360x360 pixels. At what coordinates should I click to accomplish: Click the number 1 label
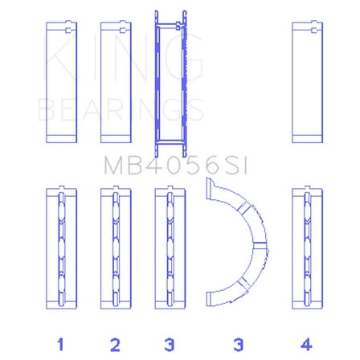click(59, 344)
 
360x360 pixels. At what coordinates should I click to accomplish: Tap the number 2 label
click(115, 344)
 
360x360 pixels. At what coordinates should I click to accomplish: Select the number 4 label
click(305, 344)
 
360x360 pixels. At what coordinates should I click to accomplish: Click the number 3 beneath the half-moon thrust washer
click(238, 344)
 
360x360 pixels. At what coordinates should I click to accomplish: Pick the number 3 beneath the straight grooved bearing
click(169, 344)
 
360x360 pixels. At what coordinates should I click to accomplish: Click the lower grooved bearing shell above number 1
click(59, 249)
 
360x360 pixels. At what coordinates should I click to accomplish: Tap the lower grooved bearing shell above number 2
click(114, 249)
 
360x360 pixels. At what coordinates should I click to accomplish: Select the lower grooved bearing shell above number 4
click(305, 249)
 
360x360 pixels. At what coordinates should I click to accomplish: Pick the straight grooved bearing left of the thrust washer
click(169, 249)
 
